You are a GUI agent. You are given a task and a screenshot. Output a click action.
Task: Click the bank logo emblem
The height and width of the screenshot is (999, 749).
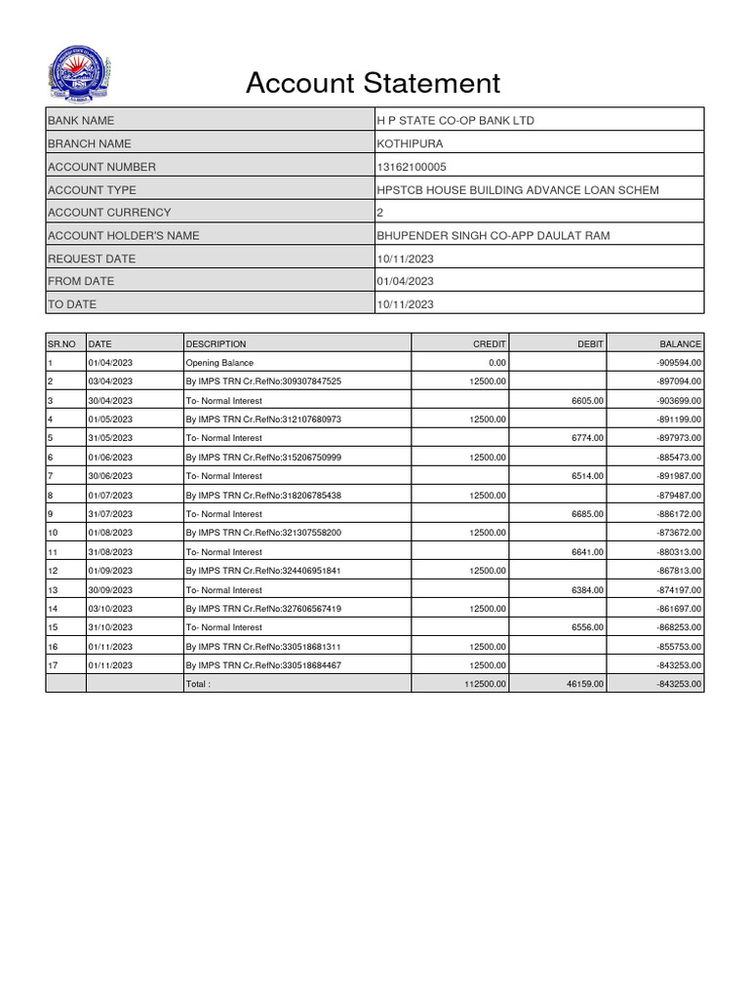80,75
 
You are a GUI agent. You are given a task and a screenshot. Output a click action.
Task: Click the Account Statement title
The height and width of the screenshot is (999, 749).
374,83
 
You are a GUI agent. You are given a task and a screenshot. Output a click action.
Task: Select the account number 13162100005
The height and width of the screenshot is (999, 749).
412,167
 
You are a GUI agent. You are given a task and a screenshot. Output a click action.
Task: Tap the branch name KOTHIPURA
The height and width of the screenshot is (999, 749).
410,143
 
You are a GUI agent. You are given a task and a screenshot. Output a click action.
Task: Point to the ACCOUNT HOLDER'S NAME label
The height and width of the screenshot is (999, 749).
123,235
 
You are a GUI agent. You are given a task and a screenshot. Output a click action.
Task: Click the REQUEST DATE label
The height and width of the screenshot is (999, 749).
92,259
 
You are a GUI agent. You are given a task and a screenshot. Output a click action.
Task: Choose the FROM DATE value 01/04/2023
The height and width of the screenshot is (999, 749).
405,281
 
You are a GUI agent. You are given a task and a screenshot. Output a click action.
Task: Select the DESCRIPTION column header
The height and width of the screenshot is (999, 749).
216,343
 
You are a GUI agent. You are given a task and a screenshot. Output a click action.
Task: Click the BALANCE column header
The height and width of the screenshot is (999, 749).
680,343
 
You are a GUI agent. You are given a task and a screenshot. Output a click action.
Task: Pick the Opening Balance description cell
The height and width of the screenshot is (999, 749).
219,363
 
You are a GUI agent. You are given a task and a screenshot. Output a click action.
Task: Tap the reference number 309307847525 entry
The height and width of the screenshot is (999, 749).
263,381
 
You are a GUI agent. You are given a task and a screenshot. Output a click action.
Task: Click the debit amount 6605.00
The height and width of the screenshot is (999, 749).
587,401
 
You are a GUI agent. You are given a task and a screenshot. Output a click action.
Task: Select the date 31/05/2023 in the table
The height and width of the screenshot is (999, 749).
110,438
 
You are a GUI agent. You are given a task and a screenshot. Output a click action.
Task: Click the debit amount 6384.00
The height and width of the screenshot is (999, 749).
587,590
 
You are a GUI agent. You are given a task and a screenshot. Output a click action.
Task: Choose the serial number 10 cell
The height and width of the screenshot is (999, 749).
54,533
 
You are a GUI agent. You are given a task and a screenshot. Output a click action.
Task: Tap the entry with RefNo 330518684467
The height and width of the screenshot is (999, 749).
263,665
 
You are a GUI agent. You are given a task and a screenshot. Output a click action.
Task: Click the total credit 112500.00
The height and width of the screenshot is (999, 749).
485,685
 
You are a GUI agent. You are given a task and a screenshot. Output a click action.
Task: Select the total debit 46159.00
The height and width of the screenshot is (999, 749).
585,685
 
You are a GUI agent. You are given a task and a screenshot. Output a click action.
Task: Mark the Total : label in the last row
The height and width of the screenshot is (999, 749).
198,685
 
